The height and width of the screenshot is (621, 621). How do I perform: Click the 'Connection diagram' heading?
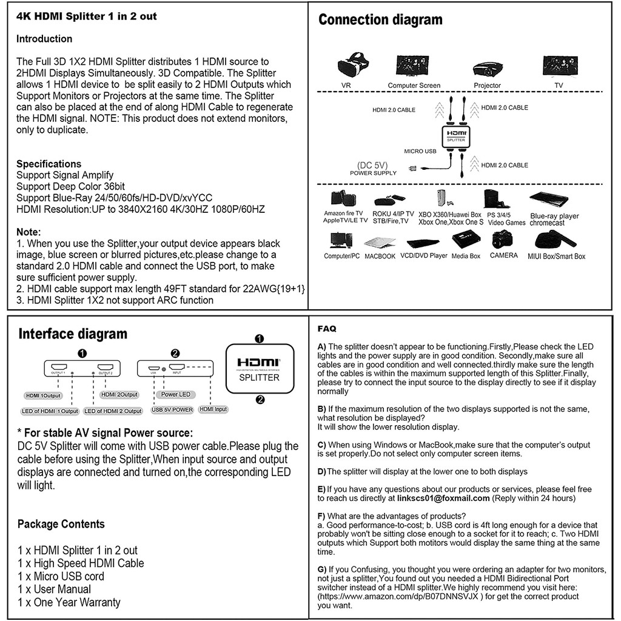coord(380,19)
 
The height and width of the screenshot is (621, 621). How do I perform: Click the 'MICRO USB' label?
coord(420,151)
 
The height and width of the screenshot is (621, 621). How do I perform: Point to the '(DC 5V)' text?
coord(372,164)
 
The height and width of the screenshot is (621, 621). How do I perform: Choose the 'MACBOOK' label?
coord(380,257)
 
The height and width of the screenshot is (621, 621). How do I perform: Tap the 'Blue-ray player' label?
coord(554,216)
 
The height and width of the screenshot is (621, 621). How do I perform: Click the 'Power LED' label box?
coord(176,395)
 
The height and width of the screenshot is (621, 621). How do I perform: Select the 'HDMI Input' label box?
coord(213,409)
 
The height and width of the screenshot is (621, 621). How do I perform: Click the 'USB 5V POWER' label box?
coord(172,410)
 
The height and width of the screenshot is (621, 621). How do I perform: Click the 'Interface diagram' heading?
coord(73,334)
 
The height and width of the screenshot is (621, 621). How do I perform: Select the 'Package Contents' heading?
coord(61,524)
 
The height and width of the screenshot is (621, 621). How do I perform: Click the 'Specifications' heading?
coord(49,164)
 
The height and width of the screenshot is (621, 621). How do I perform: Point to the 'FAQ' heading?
coord(327,329)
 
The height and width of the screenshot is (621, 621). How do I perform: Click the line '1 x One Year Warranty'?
coord(69,602)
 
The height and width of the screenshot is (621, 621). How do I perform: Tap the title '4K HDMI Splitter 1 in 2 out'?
coord(86,16)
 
